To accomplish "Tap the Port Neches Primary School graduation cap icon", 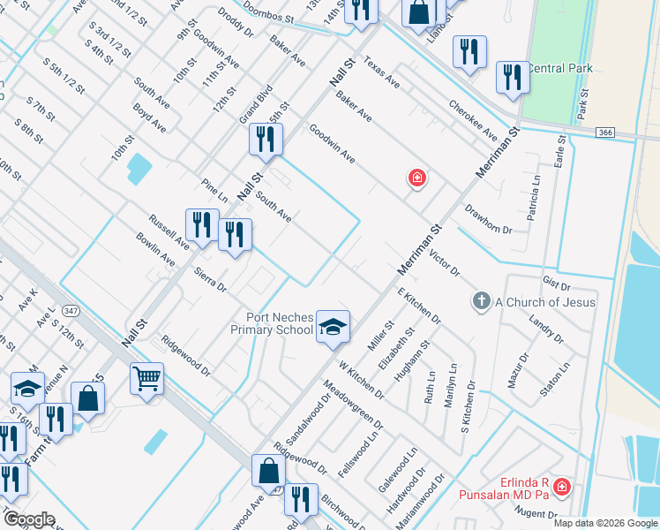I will [x=333, y=327].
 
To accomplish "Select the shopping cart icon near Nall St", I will [x=146, y=379].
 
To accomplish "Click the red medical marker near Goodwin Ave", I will [x=416, y=178].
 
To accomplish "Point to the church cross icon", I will [x=481, y=302].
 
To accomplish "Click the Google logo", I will [x=30, y=519].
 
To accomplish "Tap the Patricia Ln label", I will [x=533, y=198].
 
